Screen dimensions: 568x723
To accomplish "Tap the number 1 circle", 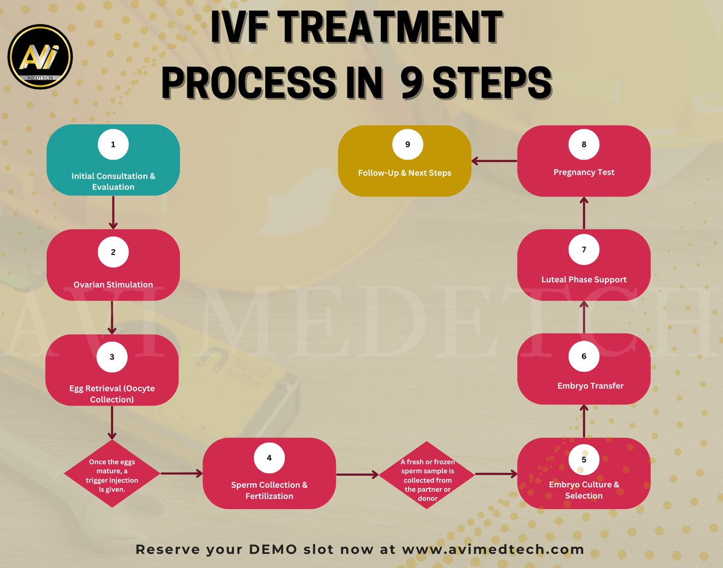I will (x=113, y=145).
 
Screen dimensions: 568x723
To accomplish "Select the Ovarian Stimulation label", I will (x=113, y=284).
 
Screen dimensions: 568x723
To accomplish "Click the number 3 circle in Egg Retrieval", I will (x=112, y=357).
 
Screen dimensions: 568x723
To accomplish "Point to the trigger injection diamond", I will (x=113, y=474).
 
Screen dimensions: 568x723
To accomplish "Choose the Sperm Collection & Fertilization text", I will (x=269, y=490).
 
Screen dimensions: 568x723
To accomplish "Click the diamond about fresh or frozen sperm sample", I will (x=427, y=475).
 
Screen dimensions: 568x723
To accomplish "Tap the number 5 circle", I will (x=583, y=459).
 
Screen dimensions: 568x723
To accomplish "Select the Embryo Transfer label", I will (x=583, y=385).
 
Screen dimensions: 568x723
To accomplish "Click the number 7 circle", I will (x=583, y=249).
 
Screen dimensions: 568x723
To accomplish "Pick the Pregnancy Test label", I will (x=583, y=172).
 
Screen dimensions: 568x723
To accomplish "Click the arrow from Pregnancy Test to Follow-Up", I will (x=494, y=161).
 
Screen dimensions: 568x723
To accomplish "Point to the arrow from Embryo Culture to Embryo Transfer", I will (x=583, y=420).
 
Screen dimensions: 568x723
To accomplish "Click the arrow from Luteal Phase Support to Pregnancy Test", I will (x=583, y=212).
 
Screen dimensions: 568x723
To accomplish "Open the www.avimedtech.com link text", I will (x=493, y=549).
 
